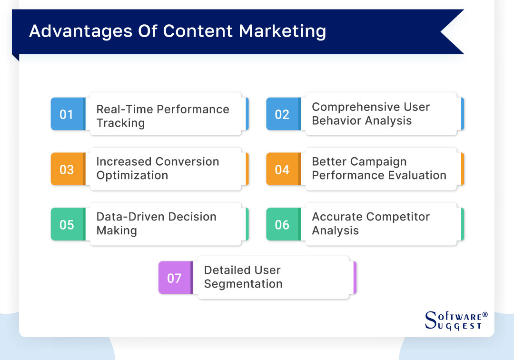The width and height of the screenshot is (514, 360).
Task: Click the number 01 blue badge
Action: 67,114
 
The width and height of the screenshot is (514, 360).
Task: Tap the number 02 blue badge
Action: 282,114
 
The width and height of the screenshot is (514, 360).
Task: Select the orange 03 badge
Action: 67,170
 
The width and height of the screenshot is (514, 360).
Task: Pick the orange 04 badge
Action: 282,170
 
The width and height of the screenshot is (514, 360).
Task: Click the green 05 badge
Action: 67,224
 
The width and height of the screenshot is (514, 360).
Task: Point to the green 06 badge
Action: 282,224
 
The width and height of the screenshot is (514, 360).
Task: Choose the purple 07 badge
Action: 174,278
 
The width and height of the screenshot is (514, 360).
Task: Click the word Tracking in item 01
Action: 120,123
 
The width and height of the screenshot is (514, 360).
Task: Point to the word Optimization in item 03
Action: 132,175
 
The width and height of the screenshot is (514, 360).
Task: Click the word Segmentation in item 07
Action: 243,284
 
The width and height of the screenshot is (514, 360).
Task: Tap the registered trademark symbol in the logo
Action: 485,315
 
